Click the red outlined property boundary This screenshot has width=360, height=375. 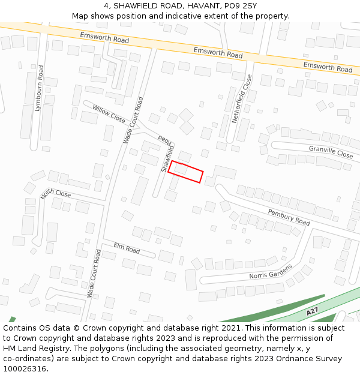click(185, 172)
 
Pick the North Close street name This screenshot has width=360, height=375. click(56, 194)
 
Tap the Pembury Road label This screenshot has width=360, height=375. click(289, 217)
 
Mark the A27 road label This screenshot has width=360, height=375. click(312, 312)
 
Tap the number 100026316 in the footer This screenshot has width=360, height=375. click(25, 369)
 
